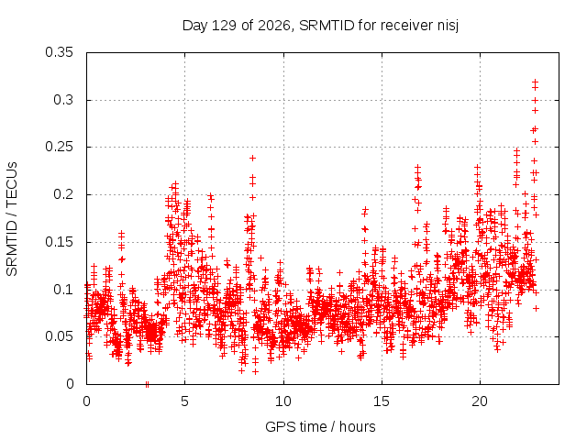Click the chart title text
tap(320, 26)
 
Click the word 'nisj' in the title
tap(449, 26)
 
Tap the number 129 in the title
tap(224, 26)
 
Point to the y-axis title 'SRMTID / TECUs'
tap(12, 219)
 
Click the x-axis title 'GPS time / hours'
tap(320, 426)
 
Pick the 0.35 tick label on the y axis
tap(59, 52)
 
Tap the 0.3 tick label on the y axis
tap(63, 100)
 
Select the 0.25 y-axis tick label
tap(59, 147)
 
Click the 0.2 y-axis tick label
tap(63, 194)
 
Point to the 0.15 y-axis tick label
tap(59, 242)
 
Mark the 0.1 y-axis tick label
tap(63, 290)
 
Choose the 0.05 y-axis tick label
tap(59, 336)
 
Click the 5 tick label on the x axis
tap(184, 401)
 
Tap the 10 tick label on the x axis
tap(283, 401)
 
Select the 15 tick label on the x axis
tap(382, 401)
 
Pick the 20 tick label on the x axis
tap(480, 401)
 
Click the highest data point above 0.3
tap(536, 82)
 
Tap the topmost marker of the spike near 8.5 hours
tap(253, 159)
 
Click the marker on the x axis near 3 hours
tap(147, 384)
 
